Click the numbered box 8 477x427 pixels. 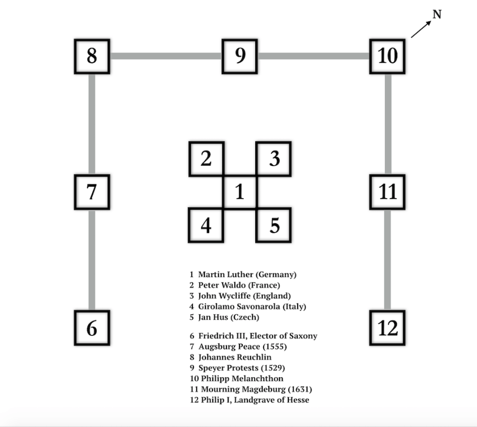pos(92,56)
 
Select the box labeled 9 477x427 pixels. pos(240,56)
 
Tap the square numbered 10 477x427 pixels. pos(387,56)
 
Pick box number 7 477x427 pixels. pos(92,192)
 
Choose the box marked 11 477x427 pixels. pos(387,192)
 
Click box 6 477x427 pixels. pos(92,328)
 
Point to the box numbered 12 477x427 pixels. pos(387,328)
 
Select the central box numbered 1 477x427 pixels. pos(240,192)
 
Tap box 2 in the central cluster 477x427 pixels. pos(206,159)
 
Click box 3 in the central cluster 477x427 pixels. pos(274,159)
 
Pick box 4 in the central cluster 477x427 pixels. pos(206,225)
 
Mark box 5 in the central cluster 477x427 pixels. pos(274,225)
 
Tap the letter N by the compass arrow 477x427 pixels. pos(437,15)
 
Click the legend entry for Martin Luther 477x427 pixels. pos(243,275)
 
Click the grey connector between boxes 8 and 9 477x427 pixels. pos(166,56)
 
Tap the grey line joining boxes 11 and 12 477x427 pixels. pos(387,260)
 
